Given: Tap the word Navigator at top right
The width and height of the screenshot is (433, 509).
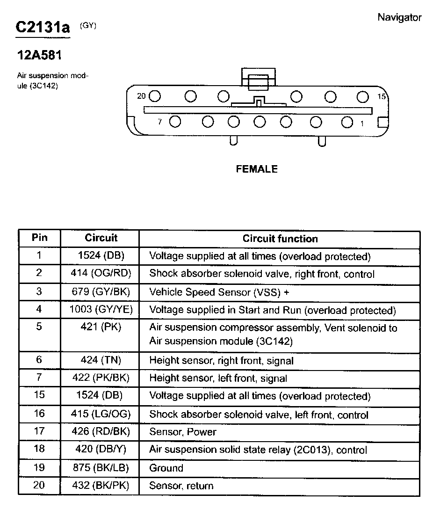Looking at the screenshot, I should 399,18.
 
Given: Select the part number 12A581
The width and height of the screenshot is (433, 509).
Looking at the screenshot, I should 40,55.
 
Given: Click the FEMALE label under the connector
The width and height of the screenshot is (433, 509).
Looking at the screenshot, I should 257,169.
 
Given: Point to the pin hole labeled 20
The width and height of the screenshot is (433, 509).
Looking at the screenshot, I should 155,96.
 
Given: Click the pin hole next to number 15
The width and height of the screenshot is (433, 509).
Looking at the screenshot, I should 363,96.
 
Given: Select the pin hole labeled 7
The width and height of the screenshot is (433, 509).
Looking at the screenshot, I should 175,122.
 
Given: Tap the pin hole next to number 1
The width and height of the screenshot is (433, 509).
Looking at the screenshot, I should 346,122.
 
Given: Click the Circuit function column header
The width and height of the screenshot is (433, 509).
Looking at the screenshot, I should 280,239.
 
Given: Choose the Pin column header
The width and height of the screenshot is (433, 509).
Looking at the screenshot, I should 39,238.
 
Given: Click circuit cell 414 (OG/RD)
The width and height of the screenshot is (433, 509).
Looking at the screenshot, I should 101,274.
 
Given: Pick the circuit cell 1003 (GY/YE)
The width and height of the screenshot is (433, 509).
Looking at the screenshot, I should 101,310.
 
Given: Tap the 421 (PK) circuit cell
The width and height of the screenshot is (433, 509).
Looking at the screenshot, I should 101,327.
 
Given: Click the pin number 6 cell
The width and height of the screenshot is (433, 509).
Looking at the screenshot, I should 39,360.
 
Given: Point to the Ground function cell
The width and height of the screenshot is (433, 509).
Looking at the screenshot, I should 166,468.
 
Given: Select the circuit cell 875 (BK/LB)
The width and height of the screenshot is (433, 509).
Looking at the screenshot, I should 101,468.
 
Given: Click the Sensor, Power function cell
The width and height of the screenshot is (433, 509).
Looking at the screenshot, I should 183,432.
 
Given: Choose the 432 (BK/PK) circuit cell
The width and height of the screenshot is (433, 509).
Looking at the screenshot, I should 101,486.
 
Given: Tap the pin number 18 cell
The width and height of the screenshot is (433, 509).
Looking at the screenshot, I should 39,449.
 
